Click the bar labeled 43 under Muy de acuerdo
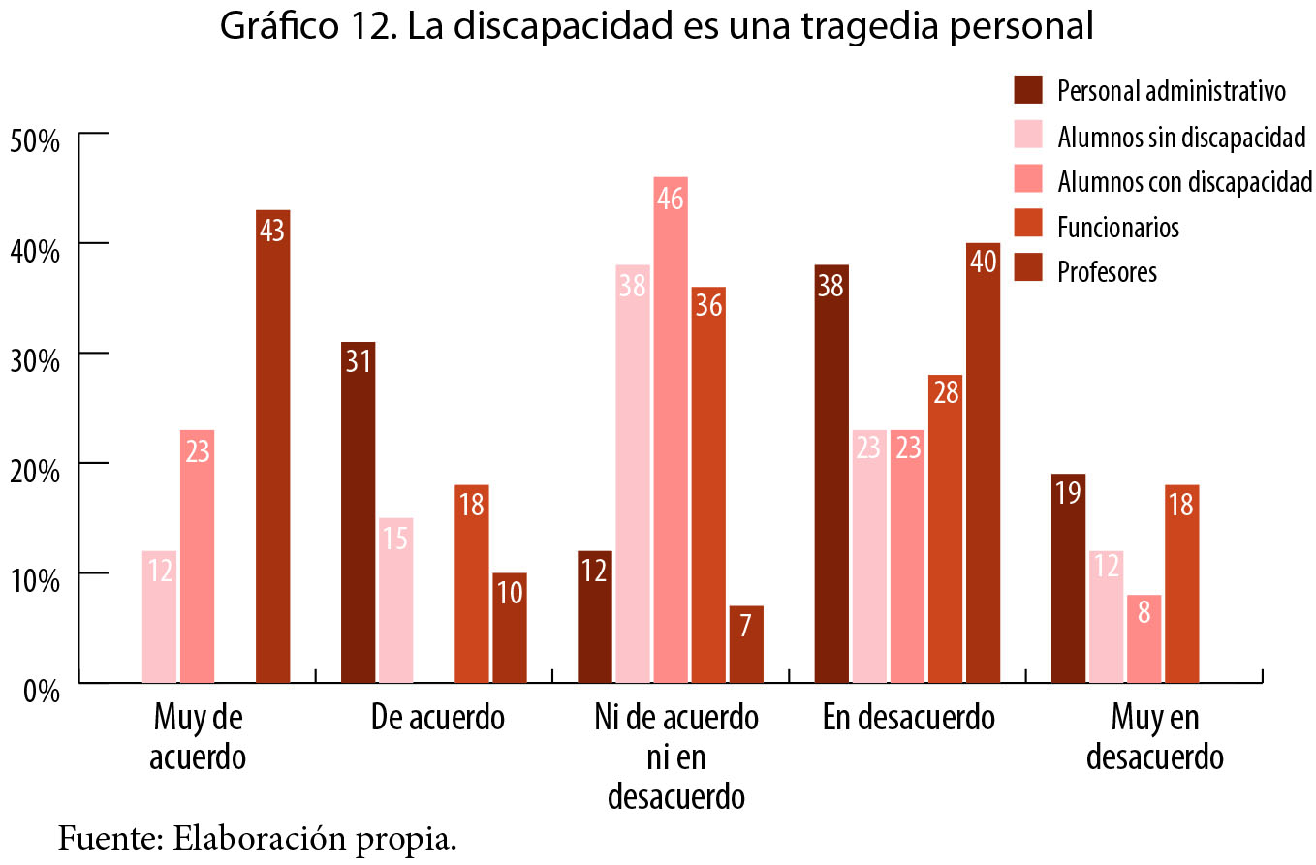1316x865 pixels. [x=272, y=446]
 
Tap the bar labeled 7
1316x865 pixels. [x=746, y=644]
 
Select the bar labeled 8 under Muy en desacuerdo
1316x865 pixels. [x=1144, y=638]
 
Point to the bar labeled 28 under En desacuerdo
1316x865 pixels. [x=945, y=528]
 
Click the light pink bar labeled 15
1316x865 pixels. [x=395, y=600]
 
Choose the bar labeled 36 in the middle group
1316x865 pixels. [x=707, y=484]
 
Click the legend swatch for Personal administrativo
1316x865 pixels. [x=1027, y=90]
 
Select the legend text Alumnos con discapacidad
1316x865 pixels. [x=1184, y=181]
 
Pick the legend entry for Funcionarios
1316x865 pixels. [x=1118, y=227]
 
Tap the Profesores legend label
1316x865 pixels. [x=1107, y=271]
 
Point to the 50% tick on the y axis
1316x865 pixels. [x=35, y=140]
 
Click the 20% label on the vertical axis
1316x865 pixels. [x=35, y=471]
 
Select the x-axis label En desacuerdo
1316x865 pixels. [x=908, y=719]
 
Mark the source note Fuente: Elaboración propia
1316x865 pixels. [x=257, y=836]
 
